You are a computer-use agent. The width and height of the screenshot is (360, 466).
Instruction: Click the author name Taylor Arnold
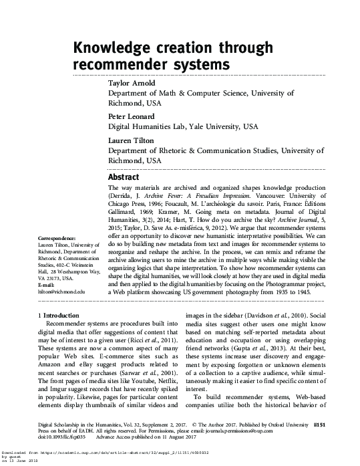132,83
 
